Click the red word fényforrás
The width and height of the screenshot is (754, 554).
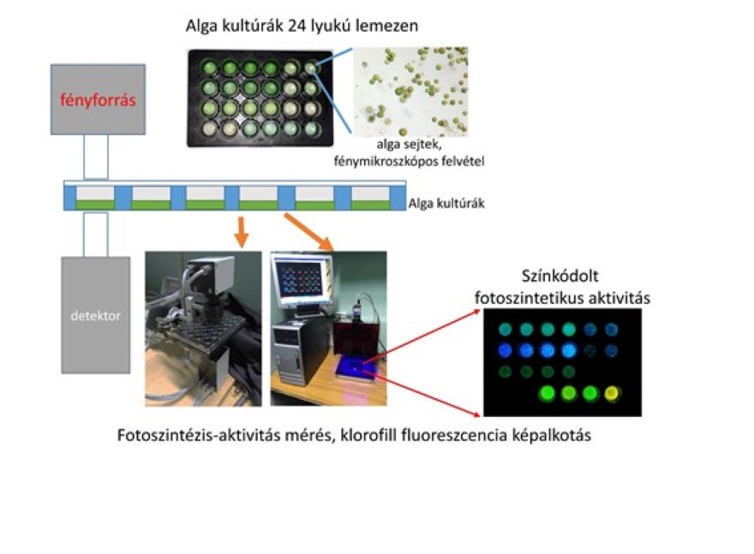(x=98, y=100)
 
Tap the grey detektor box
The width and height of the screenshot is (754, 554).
(x=96, y=315)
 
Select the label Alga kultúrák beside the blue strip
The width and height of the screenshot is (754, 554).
(x=446, y=204)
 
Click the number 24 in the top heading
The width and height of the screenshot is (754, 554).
(x=297, y=26)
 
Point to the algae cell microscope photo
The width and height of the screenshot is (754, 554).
(x=410, y=92)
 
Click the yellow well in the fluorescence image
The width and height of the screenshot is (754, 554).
(x=612, y=394)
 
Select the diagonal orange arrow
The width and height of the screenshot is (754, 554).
(x=309, y=233)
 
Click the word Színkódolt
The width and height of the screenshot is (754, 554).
(x=560, y=277)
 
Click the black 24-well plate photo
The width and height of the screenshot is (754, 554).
(x=260, y=98)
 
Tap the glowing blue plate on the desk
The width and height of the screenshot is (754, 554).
(x=356, y=369)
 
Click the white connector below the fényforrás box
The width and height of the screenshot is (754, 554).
(x=96, y=157)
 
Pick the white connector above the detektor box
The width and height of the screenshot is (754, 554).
(x=96, y=235)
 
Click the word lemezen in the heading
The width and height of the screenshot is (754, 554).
(x=386, y=26)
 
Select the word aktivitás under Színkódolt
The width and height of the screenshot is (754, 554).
(x=621, y=298)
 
